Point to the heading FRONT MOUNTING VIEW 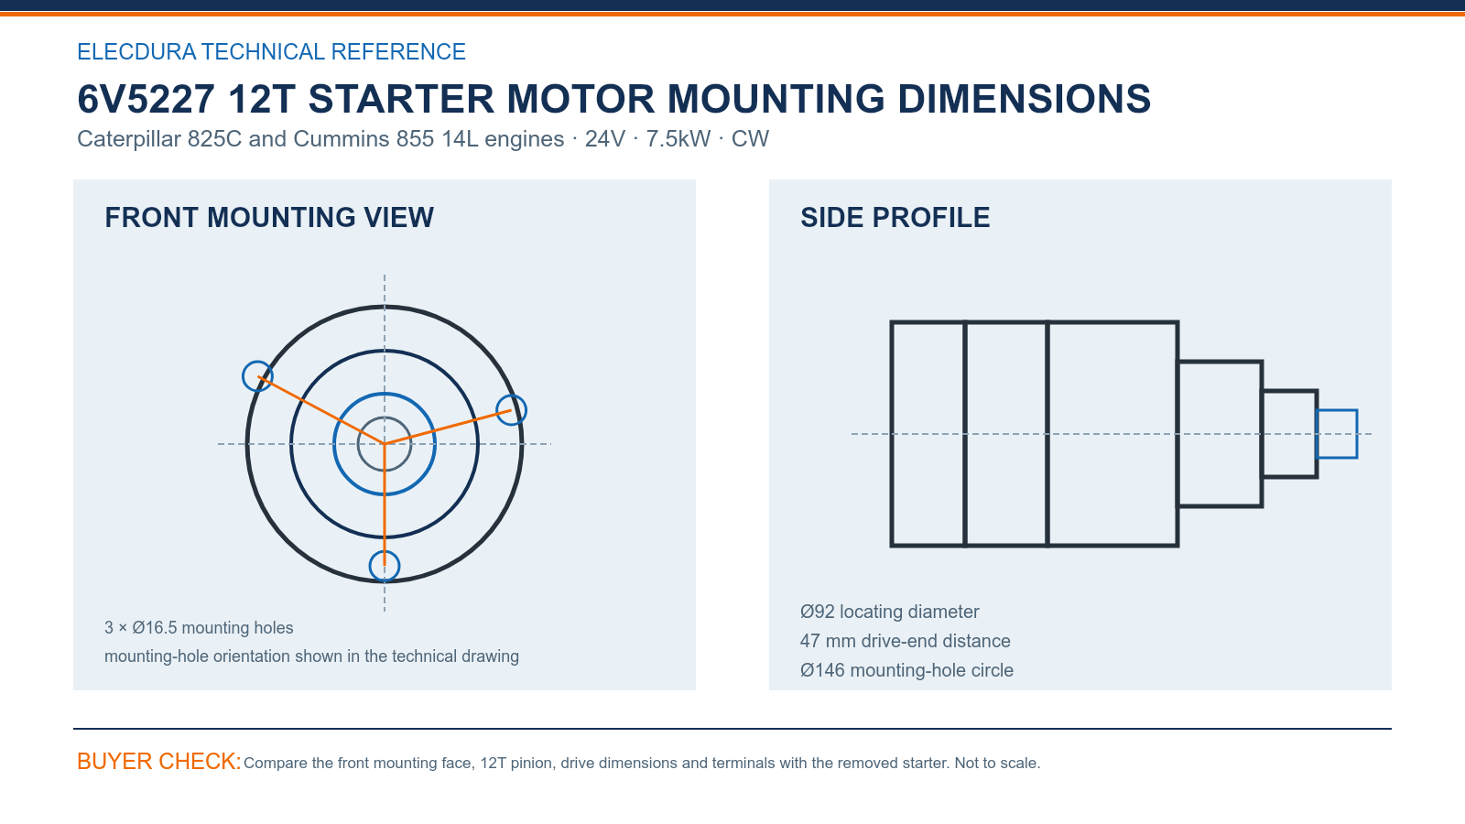269,218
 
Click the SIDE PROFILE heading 895,218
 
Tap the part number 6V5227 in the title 146,99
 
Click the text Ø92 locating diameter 889,612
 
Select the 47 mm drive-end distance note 906,641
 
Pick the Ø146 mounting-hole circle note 906,670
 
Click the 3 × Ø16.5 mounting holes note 199,628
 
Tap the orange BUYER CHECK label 159,761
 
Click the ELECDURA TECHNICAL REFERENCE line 271,51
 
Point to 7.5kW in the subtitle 678,138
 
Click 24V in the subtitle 605,138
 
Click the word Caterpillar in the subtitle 129,138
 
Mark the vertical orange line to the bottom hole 385,504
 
